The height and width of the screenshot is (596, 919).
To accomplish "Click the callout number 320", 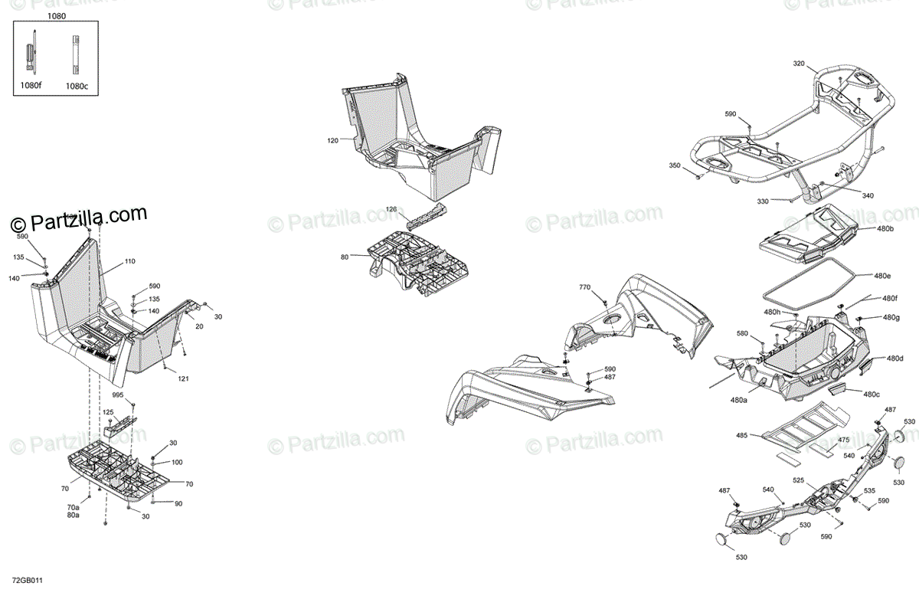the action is [799, 64].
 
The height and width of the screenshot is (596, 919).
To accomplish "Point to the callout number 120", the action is [332, 141].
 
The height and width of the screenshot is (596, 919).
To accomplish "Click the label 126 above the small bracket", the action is [391, 209].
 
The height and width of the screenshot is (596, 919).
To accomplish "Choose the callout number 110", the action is [129, 261].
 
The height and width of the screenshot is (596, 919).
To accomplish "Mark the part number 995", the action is [117, 395].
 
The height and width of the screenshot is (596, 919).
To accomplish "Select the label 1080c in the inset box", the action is [76, 86].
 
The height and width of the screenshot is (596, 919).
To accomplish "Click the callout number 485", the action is [741, 436].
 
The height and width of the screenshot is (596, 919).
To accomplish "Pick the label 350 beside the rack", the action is [674, 165].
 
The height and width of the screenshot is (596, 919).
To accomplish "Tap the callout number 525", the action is [799, 481].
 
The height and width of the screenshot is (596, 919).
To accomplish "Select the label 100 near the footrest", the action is [176, 462].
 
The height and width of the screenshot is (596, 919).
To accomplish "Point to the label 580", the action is [742, 333].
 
